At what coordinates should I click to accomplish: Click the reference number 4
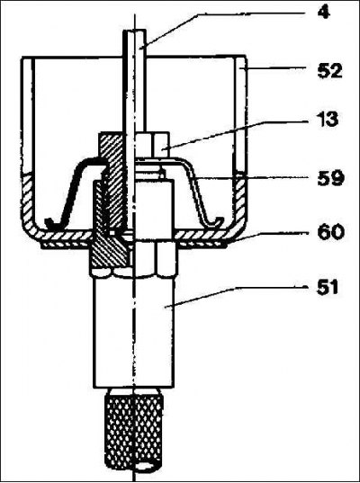coord(324,13)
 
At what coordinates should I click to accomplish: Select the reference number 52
coord(329,71)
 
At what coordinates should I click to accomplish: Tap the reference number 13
coord(328,120)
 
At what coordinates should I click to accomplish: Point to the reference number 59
coord(330,178)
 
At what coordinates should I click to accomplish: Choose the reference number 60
coord(330,232)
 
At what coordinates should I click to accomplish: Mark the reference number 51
coord(328,288)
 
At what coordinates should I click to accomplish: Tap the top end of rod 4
coord(134,31)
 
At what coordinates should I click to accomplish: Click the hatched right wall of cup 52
coord(240,197)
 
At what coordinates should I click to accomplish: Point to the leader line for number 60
coord(266,237)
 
